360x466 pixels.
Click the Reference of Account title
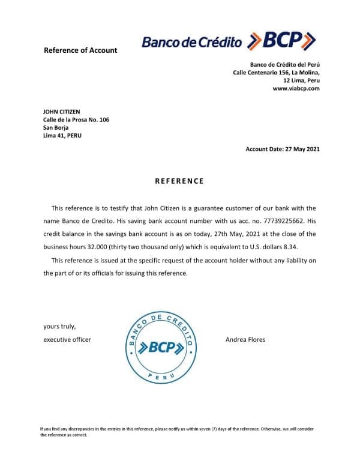tap(80, 50)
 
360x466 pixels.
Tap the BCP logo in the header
tap(229, 41)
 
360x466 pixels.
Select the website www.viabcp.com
tap(296, 88)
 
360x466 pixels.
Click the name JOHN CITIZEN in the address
tap(62, 112)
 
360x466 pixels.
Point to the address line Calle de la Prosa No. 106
tap(76, 120)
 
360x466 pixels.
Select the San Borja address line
tap(56, 127)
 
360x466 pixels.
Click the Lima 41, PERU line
tap(62, 135)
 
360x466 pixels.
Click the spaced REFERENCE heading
tap(179, 181)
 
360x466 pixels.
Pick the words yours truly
tap(59, 327)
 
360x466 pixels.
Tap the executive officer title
tap(67, 340)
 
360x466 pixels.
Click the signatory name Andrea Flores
tap(245, 340)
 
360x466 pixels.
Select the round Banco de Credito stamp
tap(157, 347)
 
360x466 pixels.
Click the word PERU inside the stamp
tap(157, 375)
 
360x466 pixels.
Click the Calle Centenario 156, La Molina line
tap(276, 73)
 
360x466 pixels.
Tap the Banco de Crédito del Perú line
tap(284, 65)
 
